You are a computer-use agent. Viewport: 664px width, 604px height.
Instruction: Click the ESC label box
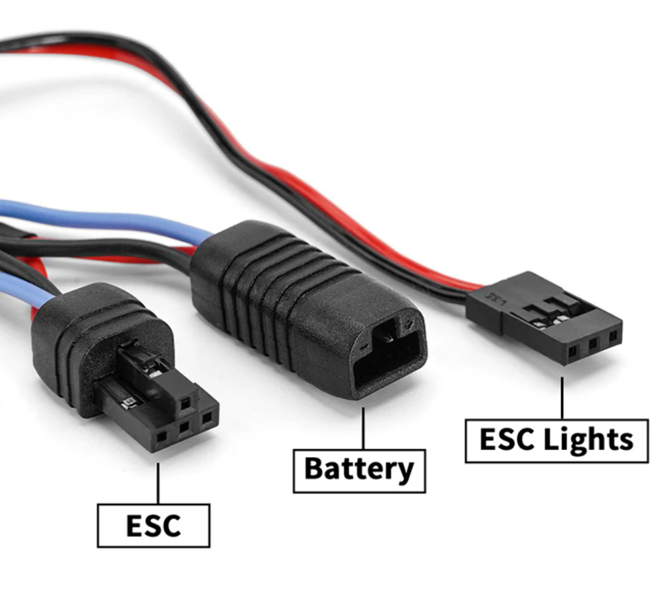153,525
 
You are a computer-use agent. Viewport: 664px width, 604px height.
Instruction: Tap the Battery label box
359,469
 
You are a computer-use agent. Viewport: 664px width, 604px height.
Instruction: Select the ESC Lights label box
556,441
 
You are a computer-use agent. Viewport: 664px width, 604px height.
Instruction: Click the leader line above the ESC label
158,482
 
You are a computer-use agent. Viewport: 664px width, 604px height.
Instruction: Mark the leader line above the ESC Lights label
562,398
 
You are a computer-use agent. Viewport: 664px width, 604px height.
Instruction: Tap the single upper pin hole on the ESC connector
186,402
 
